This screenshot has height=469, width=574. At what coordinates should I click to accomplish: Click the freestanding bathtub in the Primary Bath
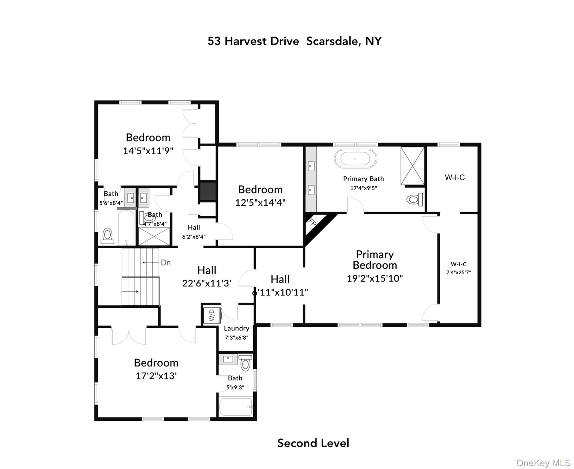pyautogui.click(x=355, y=158)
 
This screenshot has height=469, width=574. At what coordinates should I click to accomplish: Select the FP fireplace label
pyautogui.click(x=312, y=222)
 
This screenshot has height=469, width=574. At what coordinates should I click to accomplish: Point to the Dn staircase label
pyautogui.click(x=166, y=263)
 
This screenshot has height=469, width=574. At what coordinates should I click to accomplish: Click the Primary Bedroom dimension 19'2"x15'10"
pyautogui.click(x=375, y=278)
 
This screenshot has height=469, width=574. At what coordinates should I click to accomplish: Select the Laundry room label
pyautogui.click(x=236, y=328)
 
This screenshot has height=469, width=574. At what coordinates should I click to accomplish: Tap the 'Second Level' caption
pyautogui.click(x=313, y=443)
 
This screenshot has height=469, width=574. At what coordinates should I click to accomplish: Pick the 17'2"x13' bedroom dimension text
pyautogui.click(x=156, y=376)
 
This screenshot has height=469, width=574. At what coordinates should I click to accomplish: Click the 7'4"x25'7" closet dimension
pyautogui.click(x=459, y=272)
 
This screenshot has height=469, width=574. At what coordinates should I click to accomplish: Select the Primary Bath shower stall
pyautogui.click(x=412, y=166)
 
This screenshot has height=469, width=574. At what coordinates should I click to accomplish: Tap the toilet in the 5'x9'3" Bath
pyautogui.click(x=245, y=363)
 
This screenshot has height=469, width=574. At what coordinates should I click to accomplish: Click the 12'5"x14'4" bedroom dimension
pyautogui.click(x=260, y=202)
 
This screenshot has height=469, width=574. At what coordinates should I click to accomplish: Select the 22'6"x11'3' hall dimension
pyautogui.click(x=207, y=283)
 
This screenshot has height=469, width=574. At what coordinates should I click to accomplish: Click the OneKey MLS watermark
pyautogui.click(x=543, y=463)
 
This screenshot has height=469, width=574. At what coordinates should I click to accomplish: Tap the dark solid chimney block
pyautogui.click(x=208, y=191)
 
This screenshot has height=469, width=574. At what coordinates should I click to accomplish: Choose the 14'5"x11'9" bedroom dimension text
pyautogui.click(x=148, y=151)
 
